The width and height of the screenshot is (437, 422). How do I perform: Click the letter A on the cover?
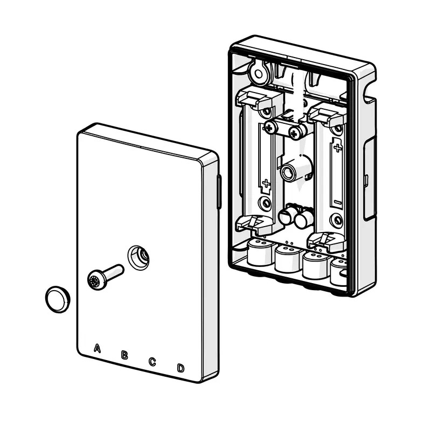[x=97, y=348]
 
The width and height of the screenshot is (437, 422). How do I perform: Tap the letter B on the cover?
[x=124, y=355]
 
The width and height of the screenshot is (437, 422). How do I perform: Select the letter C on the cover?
[x=152, y=362]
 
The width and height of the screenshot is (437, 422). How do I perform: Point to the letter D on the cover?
[x=181, y=368]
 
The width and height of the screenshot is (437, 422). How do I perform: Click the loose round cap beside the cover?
[x=58, y=299]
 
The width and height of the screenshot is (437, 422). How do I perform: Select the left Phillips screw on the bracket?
[x=269, y=128]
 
